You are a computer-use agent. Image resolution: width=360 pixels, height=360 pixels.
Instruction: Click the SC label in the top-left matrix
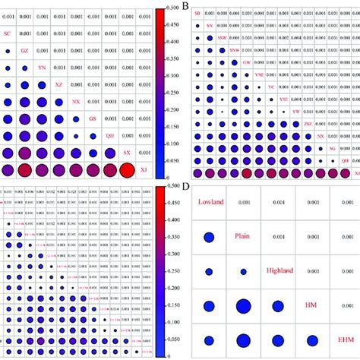point(8,33)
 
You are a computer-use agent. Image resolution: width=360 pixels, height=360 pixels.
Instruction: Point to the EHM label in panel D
point(346,339)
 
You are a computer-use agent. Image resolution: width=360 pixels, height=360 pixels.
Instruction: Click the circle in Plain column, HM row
point(244,305)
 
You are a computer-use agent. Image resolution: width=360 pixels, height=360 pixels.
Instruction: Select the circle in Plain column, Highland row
point(244,271)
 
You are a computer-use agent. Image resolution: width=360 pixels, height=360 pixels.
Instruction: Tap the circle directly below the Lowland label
point(209,237)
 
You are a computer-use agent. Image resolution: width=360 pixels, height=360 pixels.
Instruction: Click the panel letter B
point(187,5)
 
